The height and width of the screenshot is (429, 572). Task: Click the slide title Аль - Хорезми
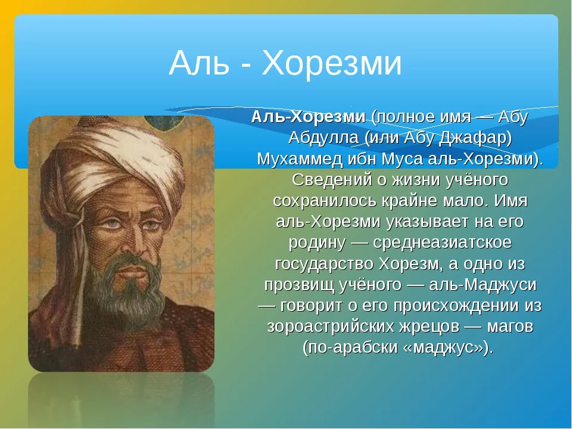[x=285, y=64]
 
